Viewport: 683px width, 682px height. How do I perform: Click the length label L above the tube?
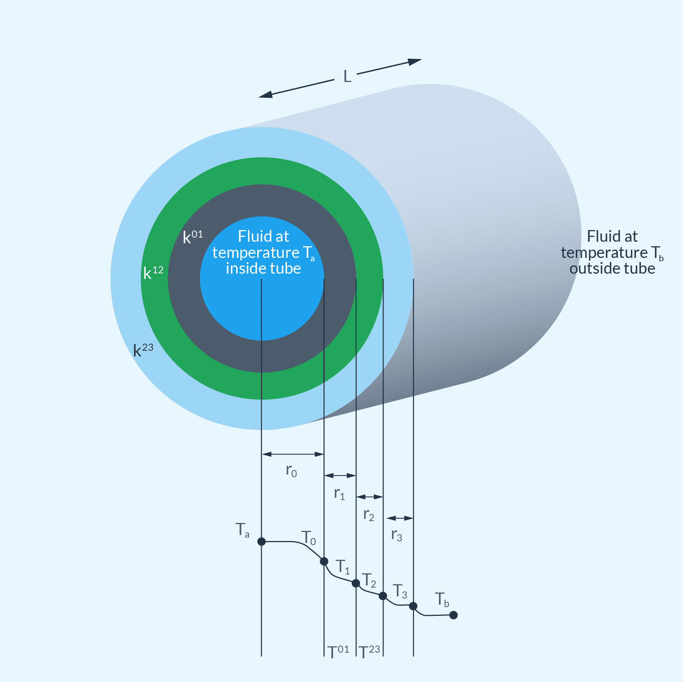click(x=347, y=76)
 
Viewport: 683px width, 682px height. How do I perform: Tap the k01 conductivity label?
click(x=192, y=237)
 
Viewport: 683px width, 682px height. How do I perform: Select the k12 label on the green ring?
click(x=153, y=272)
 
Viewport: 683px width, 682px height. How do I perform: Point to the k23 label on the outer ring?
click(x=143, y=350)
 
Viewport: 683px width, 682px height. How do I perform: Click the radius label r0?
click(x=291, y=471)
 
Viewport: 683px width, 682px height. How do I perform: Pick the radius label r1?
click(x=339, y=494)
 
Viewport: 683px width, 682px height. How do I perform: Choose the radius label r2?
click(x=369, y=515)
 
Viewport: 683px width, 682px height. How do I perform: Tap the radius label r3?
click(x=396, y=535)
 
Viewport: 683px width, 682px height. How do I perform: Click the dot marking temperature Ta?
click(x=261, y=541)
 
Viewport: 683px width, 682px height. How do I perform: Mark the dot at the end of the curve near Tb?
click(x=454, y=615)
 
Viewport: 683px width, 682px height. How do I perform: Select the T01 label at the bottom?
click(x=338, y=652)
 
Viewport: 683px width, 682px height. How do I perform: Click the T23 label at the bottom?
click(x=369, y=652)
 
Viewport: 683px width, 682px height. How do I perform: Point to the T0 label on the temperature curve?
click(x=308, y=538)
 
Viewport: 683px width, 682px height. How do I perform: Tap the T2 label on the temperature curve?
click(x=369, y=580)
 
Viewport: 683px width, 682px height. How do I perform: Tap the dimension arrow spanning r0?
click(x=293, y=454)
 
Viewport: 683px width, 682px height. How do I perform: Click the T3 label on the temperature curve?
click(x=400, y=591)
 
